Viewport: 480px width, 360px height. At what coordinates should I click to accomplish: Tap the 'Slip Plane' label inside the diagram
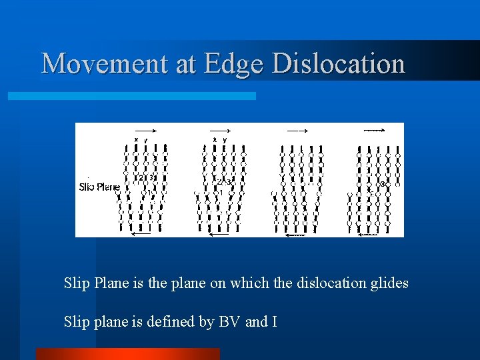[99, 187]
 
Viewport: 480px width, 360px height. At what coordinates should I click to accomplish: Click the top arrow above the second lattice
[219, 131]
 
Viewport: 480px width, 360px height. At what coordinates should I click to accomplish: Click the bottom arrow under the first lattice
[142, 233]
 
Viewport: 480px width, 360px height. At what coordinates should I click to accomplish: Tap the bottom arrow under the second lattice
[218, 233]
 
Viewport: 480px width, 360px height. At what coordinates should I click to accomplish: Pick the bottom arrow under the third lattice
[295, 234]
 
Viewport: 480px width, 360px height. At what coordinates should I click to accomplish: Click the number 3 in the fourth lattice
[382, 183]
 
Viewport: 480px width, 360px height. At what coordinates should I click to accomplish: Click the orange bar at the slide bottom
[127, 353]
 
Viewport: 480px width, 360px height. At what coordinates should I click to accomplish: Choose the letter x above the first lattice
[137, 140]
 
